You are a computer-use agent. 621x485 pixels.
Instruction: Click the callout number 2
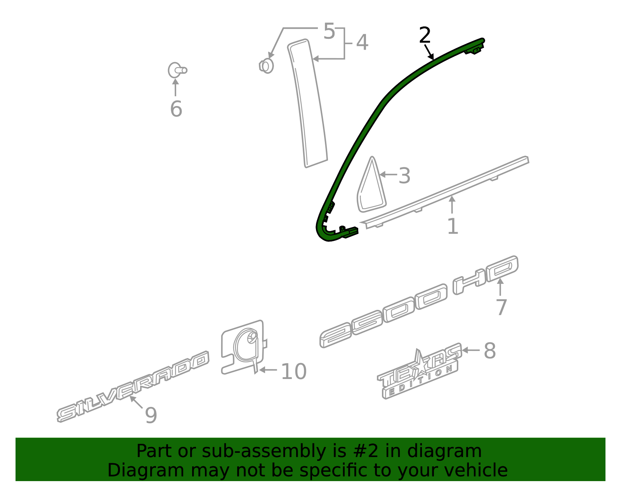coord(425,36)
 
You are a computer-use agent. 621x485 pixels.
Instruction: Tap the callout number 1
coord(453,226)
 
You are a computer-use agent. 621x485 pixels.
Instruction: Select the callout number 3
coord(404,176)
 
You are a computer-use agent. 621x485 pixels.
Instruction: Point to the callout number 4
coord(362,42)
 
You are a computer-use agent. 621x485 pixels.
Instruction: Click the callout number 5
coord(329,31)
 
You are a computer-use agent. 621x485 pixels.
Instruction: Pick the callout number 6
coord(176,109)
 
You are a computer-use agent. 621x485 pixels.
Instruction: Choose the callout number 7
coord(501,308)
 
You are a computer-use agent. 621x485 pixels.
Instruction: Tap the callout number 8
coord(489,351)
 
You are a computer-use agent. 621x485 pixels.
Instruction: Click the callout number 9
coord(151,415)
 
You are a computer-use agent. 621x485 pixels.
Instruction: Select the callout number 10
coord(293,372)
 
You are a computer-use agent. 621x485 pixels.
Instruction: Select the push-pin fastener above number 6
coord(177,70)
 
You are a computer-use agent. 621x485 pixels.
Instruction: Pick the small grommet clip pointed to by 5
coord(267,66)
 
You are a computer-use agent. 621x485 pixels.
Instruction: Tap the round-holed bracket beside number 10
coord(244,346)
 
